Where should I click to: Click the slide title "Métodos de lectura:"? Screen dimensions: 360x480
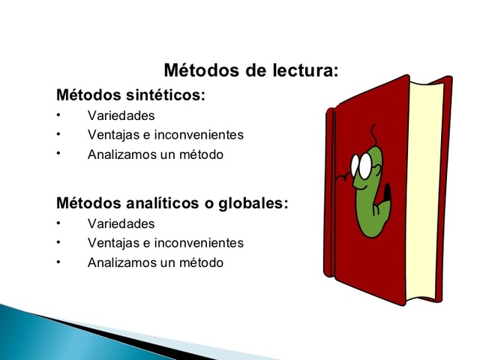pyautogui.click(x=250, y=72)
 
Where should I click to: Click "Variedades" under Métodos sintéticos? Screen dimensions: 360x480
pyautogui.click(x=121, y=116)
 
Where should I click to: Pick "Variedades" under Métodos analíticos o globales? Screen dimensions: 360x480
pyautogui.click(x=121, y=223)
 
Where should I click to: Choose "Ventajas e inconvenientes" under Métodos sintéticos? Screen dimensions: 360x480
pyautogui.click(x=165, y=136)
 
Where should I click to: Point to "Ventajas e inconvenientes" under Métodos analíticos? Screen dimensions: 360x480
pyautogui.click(x=165, y=243)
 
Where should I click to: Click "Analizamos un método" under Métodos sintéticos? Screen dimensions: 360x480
pyautogui.click(x=155, y=155)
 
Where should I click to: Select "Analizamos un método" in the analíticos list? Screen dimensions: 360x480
pyautogui.click(x=155, y=262)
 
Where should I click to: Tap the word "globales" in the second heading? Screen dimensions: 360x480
pyautogui.click(x=253, y=203)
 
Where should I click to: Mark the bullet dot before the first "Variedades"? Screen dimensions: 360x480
pyautogui.click(x=57, y=116)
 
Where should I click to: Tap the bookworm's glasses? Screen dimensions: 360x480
pyautogui.click(x=363, y=166)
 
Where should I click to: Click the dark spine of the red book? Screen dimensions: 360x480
pyautogui.click(x=330, y=195)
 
